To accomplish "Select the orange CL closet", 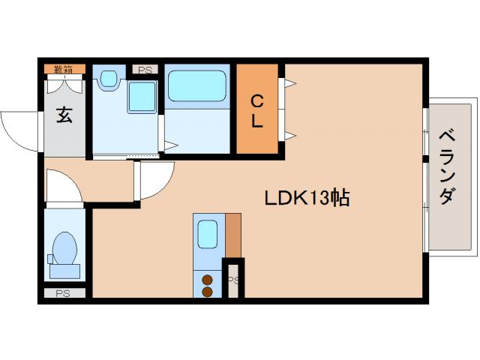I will (x=256, y=110).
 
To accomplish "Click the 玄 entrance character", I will (x=64, y=116).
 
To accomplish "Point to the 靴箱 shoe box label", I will (x=64, y=70).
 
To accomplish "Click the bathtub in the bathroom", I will (x=197, y=86).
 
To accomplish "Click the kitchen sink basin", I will (x=207, y=233).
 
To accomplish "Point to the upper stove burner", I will (x=208, y=280).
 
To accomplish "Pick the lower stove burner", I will (x=208, y=291).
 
